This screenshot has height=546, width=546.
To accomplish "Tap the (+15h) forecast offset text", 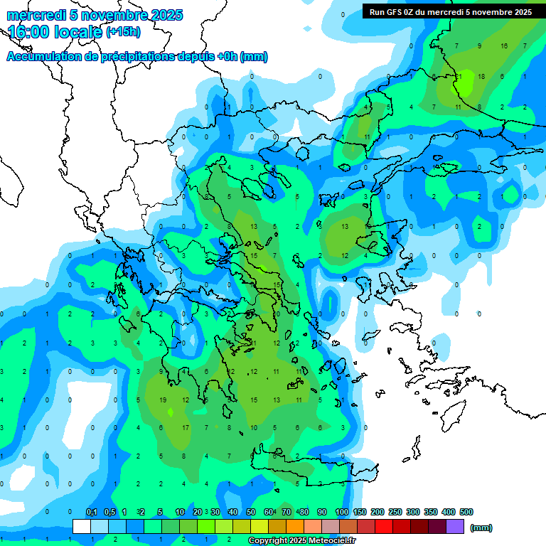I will click(123, 32).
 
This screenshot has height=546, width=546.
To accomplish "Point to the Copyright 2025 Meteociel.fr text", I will click(301, 541).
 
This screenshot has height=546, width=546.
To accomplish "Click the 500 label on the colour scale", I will click(466, 512).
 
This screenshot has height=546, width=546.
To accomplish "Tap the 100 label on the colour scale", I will click(342, 512).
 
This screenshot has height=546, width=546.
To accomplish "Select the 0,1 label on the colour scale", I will click(92, 512).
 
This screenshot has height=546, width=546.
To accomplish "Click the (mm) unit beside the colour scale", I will click(481, 528).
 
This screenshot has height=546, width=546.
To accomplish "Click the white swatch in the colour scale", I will click(82, 527).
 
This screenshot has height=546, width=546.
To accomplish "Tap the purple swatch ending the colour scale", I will click(455, 527).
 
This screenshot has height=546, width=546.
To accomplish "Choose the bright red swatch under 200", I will click(384, 527).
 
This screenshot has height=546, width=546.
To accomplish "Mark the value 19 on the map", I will click(163, 400).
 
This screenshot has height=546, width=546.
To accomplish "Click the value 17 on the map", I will click(186, 427).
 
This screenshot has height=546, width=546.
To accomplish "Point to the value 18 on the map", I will click(481, 76).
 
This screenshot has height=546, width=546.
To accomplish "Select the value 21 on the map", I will click(459, 76).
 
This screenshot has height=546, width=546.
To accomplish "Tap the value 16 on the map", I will click(504, 46).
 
